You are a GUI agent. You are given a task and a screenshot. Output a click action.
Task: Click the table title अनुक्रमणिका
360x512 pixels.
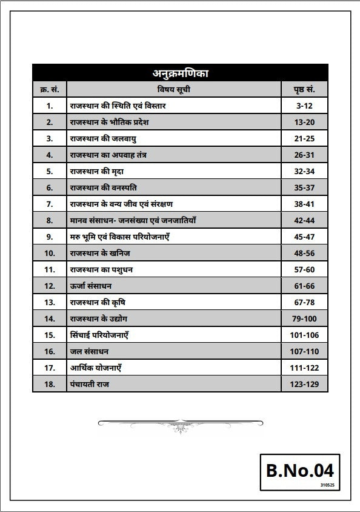[x=180, y=73]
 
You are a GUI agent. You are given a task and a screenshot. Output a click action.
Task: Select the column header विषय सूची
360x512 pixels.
[x=174, y=90]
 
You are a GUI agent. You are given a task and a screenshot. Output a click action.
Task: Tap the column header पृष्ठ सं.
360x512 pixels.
[x=305, y=90]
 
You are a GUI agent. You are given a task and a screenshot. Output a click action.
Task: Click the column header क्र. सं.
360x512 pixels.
[x=49, y=90]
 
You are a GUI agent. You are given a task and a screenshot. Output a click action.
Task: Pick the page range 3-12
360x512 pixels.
[x=305, y=106]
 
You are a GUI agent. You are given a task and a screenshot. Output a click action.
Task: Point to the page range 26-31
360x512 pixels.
[x=305, y=155]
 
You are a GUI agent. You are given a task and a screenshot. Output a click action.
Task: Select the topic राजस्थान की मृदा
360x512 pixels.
[x=97, y=171]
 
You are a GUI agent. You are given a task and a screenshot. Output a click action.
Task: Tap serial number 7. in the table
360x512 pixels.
[x=49, y=204]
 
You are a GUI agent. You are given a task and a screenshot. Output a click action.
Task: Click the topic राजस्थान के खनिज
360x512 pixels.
[x=100, y=253]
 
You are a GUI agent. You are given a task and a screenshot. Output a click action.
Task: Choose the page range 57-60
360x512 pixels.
[x=305, y=269]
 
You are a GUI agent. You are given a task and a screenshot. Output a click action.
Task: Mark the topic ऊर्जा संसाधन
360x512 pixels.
[x=91, y=286]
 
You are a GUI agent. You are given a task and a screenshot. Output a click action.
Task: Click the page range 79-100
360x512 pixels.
[x=305, y=318]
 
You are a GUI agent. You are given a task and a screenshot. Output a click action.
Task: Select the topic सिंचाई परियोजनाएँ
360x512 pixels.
[x=99, y=335]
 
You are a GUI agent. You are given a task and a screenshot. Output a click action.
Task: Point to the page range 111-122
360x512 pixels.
[x=305, y=368]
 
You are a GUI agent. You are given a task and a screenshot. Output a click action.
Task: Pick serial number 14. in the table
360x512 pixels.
[x=49, y=318]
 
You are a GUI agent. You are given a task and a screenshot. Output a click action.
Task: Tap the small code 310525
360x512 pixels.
[x=327, y=485]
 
